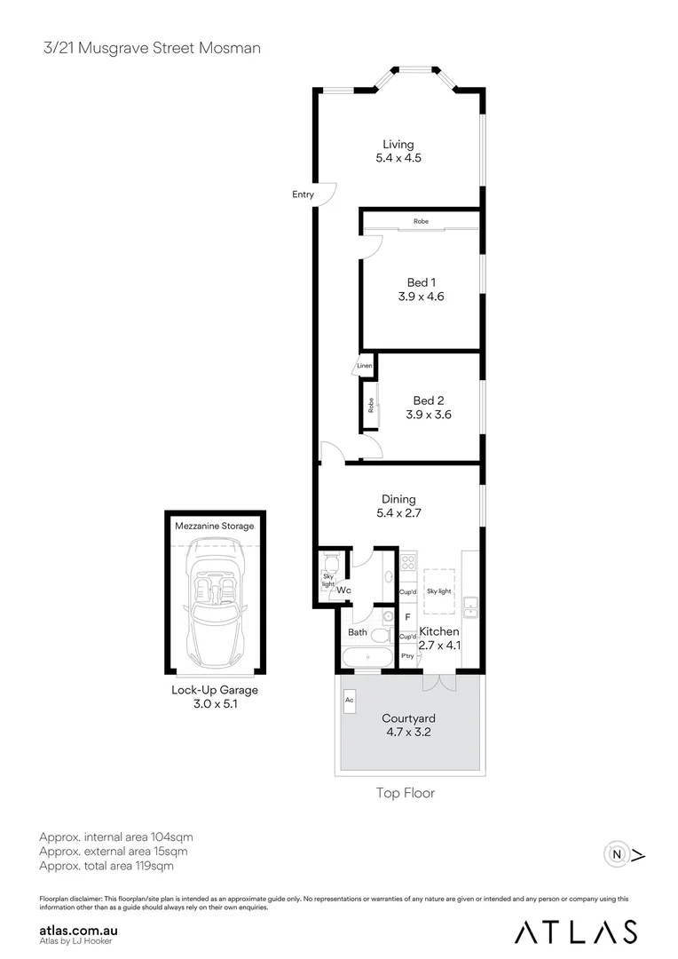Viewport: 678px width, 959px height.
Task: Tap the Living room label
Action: tap(398, 144)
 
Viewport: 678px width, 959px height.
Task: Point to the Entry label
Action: tap(303, 194)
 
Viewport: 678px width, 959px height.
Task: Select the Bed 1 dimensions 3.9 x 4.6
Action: tap(421, 297)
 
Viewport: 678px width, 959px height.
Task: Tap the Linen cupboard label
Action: tap(365, 365)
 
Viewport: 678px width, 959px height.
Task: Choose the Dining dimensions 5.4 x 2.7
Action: tap(398, 513)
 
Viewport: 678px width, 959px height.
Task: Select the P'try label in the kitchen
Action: tap(408, 656)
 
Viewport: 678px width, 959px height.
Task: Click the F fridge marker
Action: tap(407, 615)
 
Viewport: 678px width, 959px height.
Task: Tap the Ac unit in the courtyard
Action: tap(350, 699)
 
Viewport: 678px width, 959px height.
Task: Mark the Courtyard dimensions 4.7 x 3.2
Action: tap(408, 733)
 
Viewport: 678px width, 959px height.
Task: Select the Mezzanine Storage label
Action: tap(214, 526)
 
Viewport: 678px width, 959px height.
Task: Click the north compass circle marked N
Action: tap(615, 855)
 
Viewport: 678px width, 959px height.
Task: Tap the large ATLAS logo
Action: tap(577, 931)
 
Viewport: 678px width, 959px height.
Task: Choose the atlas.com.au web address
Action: tap(80, 930)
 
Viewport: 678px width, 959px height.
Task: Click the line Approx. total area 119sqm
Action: tap(106, 865)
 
